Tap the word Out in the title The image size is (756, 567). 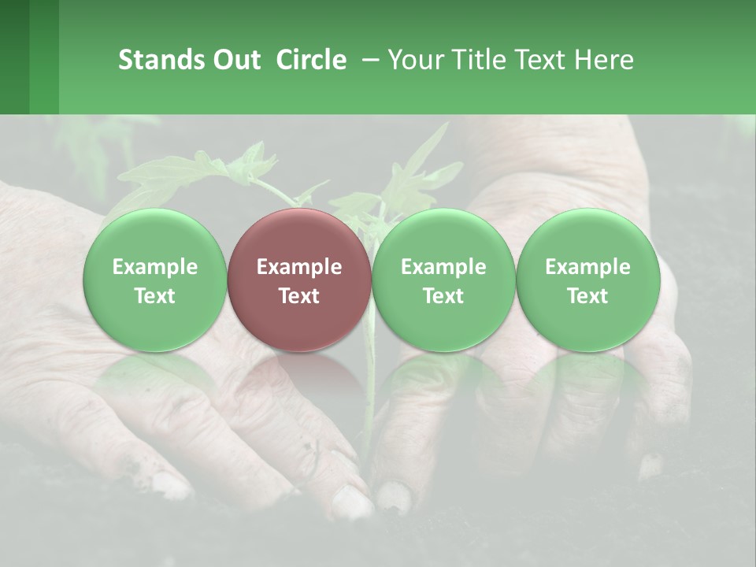pos(235,60)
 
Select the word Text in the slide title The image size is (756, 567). pos(542,60)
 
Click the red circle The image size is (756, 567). pos(299,280)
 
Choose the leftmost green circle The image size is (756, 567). pos(155,280)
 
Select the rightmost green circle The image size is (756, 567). pos(587,280)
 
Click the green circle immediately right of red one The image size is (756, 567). pos(443,280)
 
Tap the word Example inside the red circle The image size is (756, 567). pos(299,267)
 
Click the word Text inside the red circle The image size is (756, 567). pos(299,296)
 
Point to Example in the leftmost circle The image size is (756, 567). pos(155,267)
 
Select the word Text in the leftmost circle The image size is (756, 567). pos(155,296)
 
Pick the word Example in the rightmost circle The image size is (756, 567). pos(587,267)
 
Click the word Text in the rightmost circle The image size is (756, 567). pos(587,296)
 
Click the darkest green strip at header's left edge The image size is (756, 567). pos(14,57)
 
